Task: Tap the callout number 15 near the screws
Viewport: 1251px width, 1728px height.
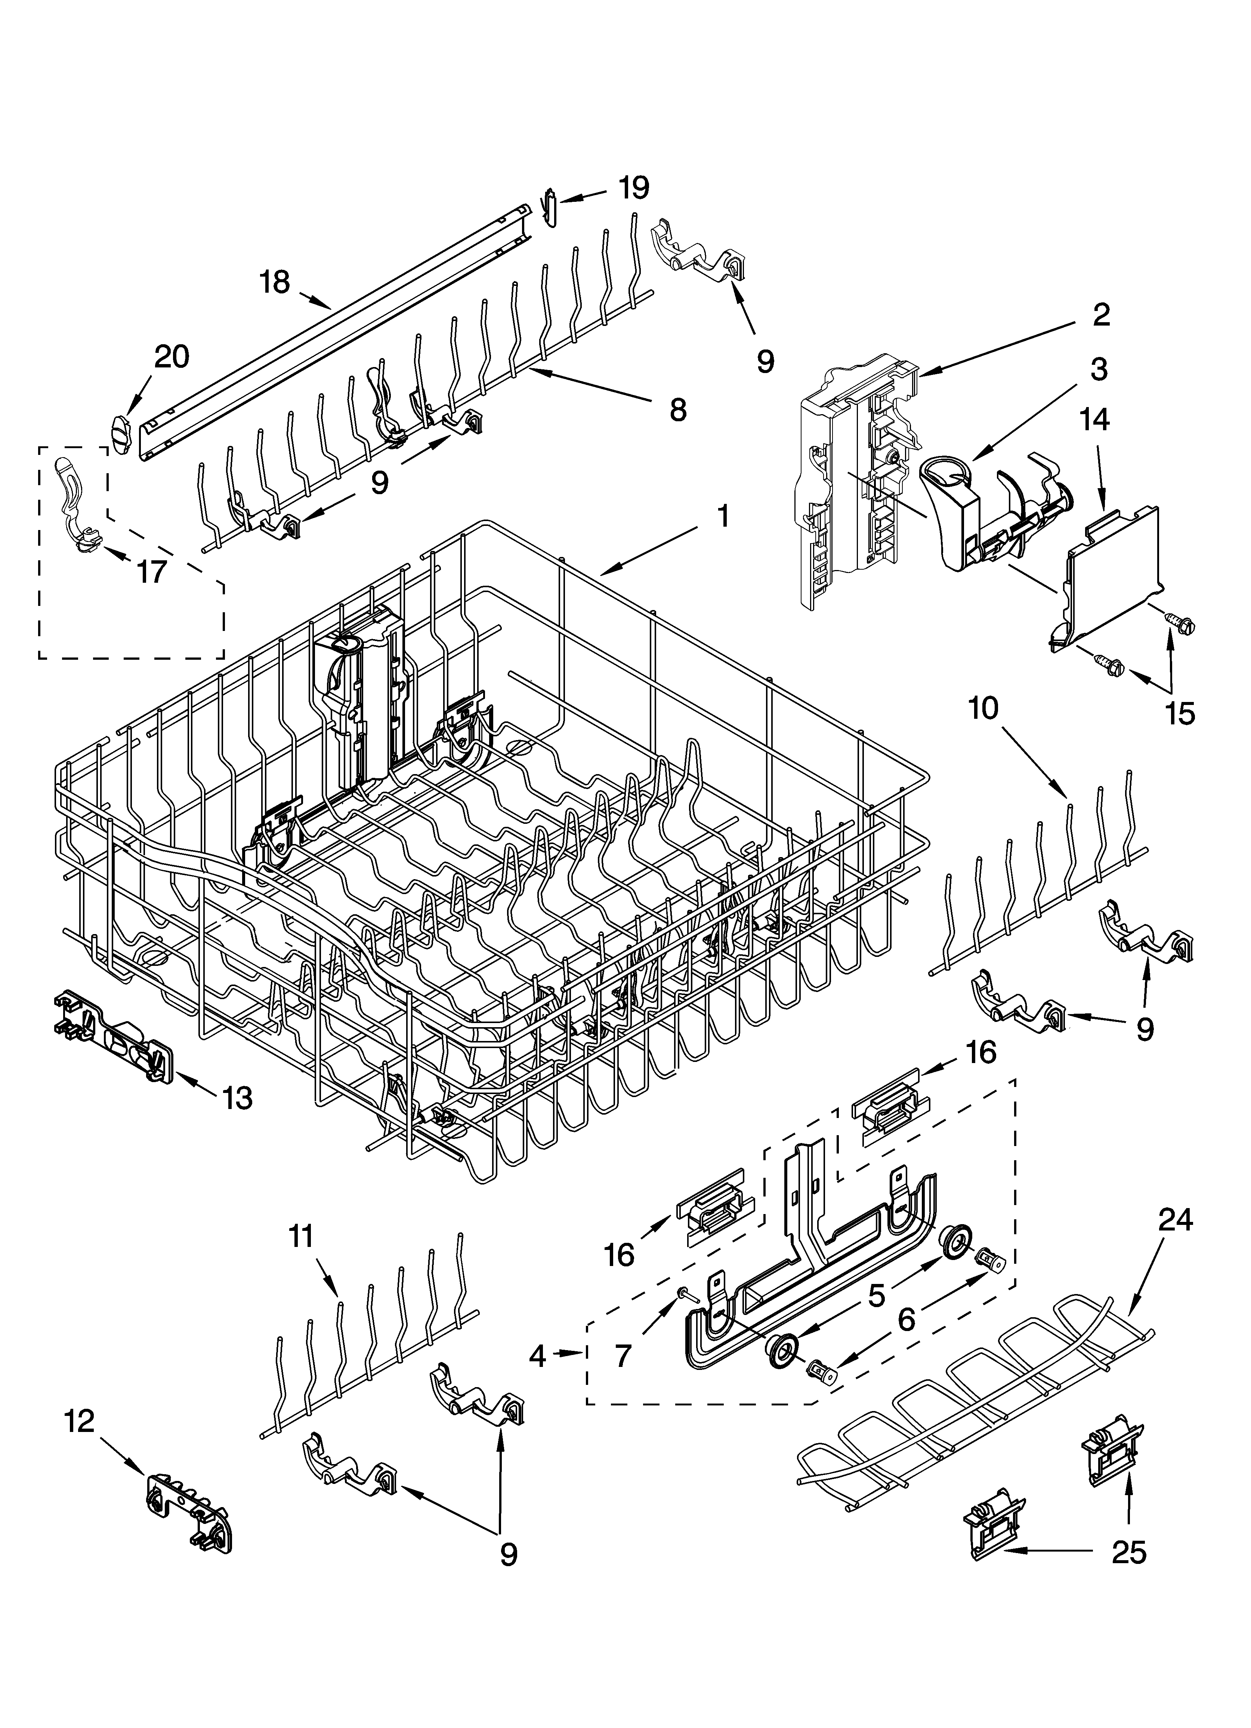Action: pos(1179,714)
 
